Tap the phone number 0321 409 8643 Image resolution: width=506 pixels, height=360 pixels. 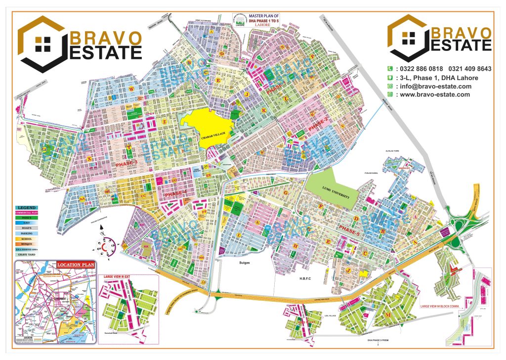click(469, 69)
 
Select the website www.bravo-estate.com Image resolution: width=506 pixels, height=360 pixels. click(434, 94)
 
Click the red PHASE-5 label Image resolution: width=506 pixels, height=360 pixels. click(352, 227)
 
